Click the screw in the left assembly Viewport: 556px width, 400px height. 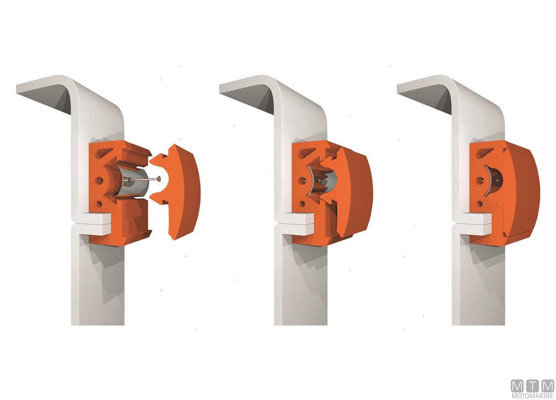pos(145,179)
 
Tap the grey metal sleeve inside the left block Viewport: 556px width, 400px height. pos(133,182)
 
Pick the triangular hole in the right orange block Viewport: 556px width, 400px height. pos(484,153)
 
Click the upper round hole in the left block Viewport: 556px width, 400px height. pos(99,180)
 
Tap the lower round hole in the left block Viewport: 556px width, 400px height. pos(99,204)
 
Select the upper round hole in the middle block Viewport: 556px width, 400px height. pos(302,180)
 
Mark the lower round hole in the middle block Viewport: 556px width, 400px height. pos(302,204)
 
